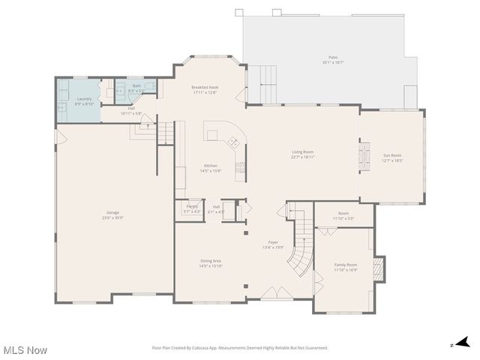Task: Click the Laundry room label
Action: click(x=85, y=98)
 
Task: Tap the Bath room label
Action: click(x=136, y=85)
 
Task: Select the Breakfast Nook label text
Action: click(x=204, y=88)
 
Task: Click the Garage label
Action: click(x=112, y=213)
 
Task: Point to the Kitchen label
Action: click(x=211, y=166)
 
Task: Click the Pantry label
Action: click(x=192, y=205)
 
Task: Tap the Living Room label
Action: click(x=303, y=152)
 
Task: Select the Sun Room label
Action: click(x=392, y=155)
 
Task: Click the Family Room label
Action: click(x=346, y=265)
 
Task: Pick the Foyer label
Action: click(x=274, y=242)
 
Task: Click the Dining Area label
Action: click(x=210, y=261)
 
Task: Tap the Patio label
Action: click(x=333, y=57)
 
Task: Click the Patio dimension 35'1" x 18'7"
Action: click(x=333, y=62)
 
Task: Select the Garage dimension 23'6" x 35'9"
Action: click(x=112, y=218)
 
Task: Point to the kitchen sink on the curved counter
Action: click(x=233, y=142)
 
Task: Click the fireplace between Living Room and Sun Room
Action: click(x=365, y=156)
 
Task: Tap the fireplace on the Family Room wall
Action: click(x=379, y=268)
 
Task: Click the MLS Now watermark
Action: click(x=25, y=350)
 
